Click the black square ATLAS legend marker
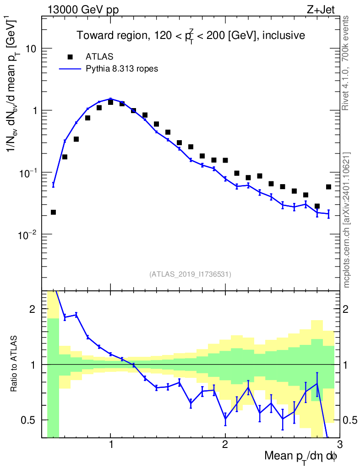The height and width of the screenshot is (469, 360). pos(70,57)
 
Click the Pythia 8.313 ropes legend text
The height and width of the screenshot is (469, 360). pos(122,69)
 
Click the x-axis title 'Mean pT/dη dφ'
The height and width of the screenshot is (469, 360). pos(300,456)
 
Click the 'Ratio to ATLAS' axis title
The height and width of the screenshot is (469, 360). pos(15,365)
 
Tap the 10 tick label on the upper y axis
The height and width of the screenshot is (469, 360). pos(32,49)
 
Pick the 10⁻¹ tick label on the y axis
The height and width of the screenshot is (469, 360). pos(29,172)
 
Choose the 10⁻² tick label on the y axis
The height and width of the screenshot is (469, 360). pos(29,234)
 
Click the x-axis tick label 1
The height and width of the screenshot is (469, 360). pos(111,445)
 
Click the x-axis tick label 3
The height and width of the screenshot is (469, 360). pos(339,445)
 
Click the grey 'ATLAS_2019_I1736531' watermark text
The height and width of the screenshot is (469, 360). pos(190,274)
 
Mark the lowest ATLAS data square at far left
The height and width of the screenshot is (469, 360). pos(53,212)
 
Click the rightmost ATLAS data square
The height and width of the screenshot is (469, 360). pos(328,187)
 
